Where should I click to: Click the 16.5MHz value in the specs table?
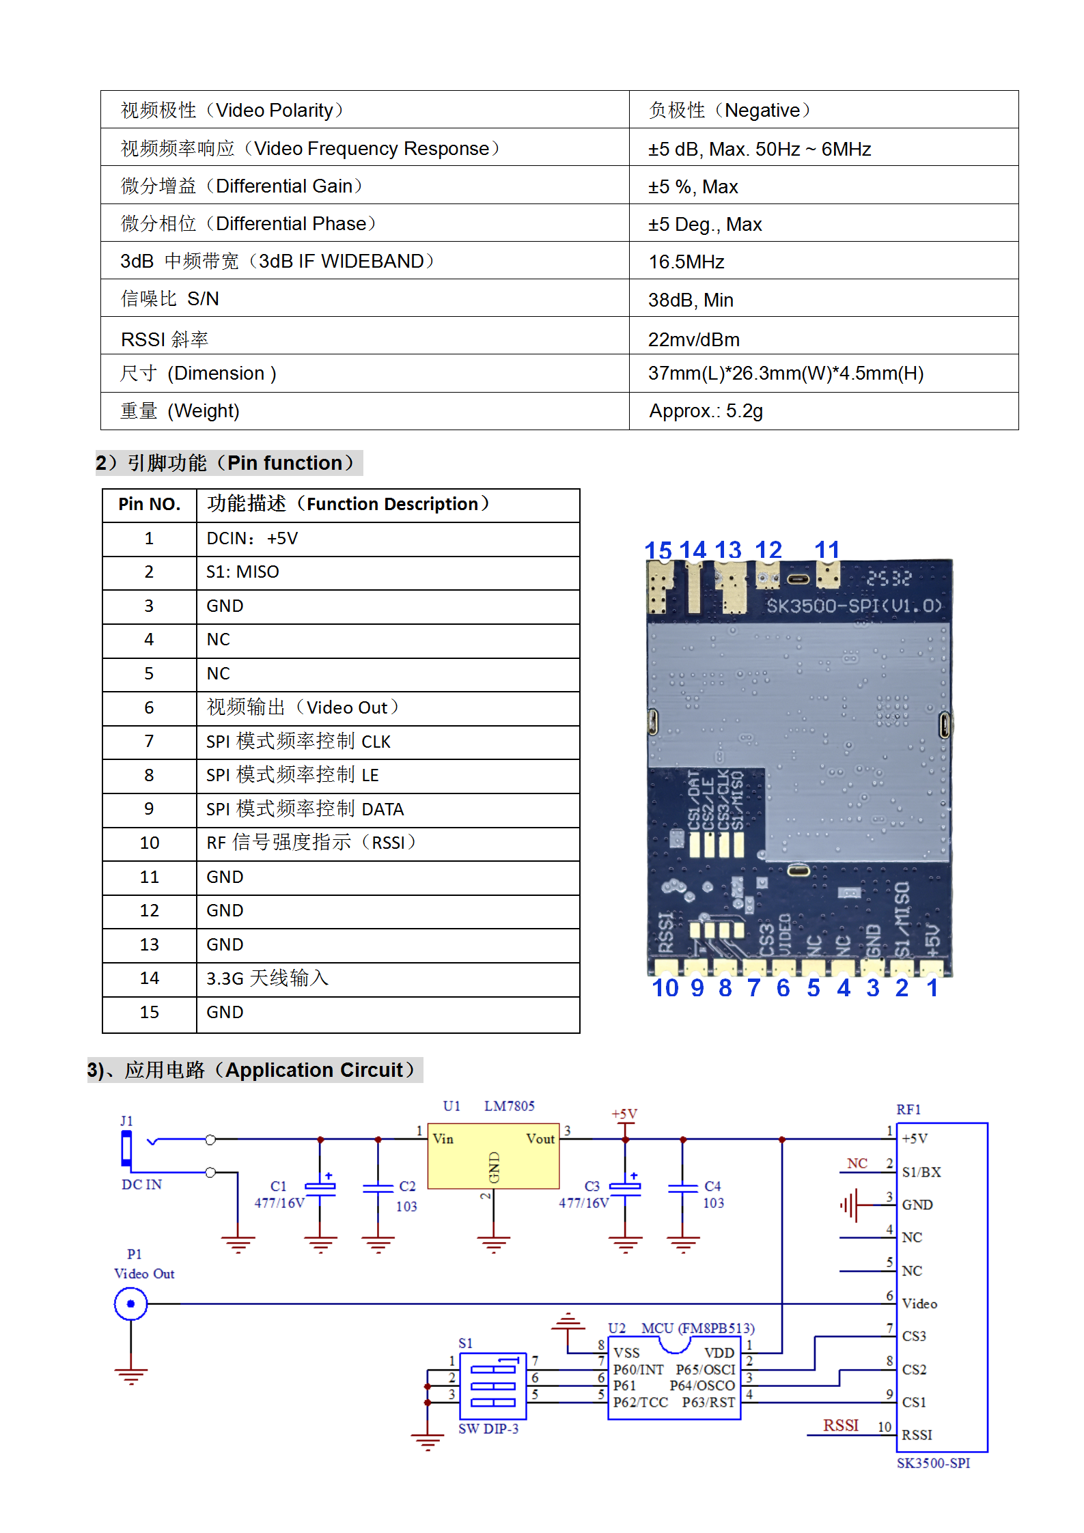click(686, 262)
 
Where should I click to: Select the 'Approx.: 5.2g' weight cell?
click(706, 411)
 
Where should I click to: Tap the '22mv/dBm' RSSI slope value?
click(693, 339)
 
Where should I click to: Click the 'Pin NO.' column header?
click(149, 505)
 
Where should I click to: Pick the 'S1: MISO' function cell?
click(242, 572)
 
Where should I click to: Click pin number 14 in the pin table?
click(149, 979)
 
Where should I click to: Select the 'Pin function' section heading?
click(229, 463)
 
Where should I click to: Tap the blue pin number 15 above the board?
click(658, 550)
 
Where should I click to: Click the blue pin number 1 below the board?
click(932, 988)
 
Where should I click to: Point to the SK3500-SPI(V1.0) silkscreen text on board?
click(853, 606)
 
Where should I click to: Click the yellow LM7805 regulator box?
click(493, 1155)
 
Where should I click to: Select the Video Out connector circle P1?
click(130, 1304)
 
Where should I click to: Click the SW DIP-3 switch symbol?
click(493, 1386)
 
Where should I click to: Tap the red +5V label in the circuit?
click(624, 1114)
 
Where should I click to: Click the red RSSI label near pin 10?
click(840, 1425)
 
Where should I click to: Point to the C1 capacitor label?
click(278, 1186)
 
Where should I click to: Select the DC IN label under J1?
click(141, 1185)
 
